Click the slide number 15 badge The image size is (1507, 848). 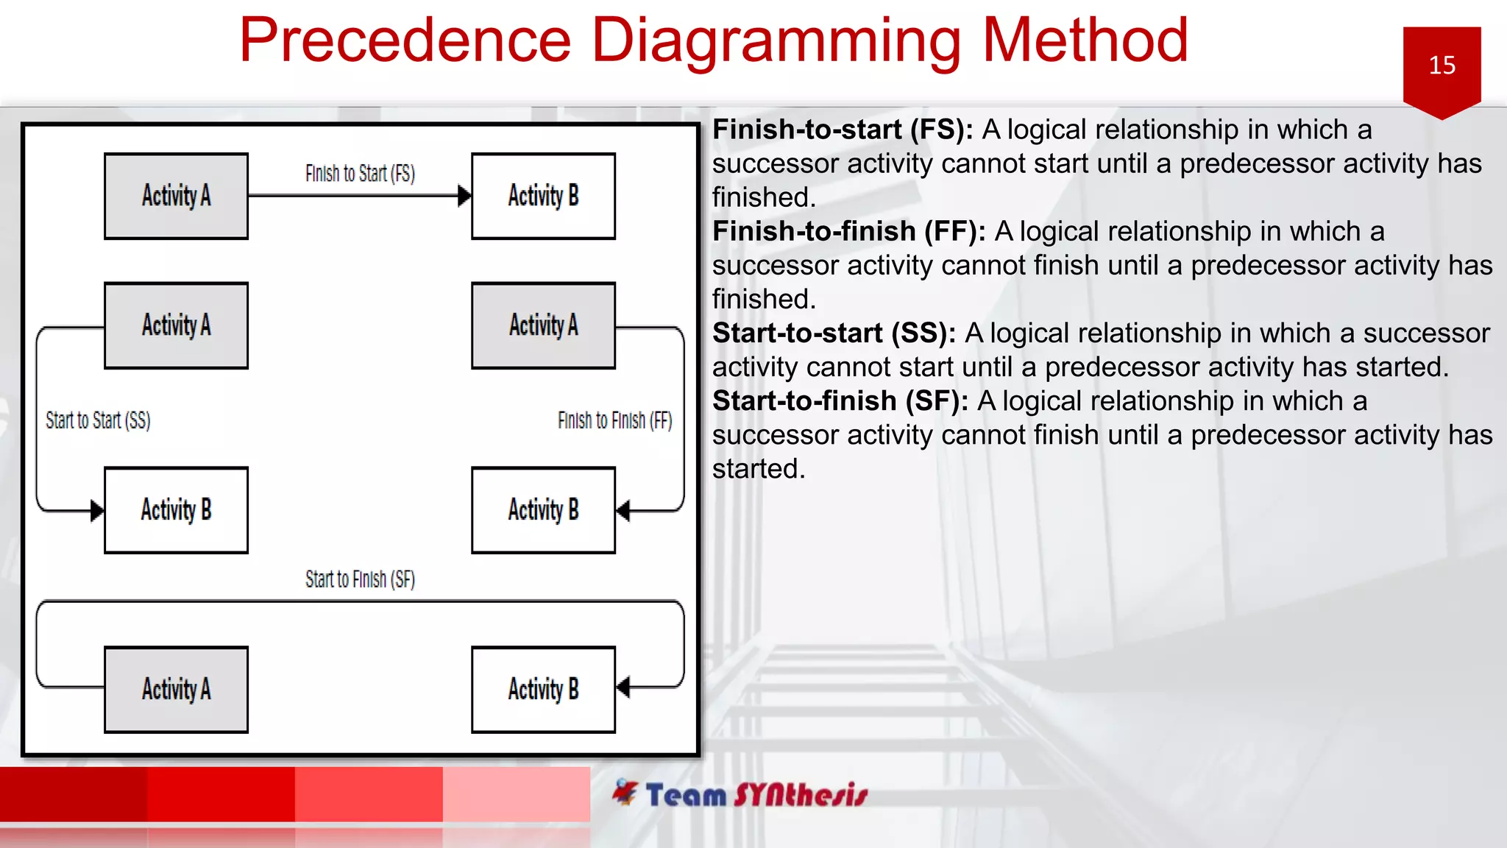[1441, 66]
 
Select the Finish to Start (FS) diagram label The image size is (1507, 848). [360, 174]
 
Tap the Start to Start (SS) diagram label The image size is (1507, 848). [98, 420]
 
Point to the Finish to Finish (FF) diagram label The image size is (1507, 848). [614, 420]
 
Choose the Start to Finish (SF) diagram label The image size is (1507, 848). [360, 579]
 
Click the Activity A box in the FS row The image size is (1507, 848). [176, 196]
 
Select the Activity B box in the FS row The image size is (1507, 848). [543, 196]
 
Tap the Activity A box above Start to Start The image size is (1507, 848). [176, 325]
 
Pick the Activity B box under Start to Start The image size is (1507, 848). [176, 509]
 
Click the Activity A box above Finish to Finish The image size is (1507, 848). [543, 325]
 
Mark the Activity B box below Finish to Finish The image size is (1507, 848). [543, 509]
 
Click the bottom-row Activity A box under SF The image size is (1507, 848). [176, 689]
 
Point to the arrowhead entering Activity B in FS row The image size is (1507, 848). [464, 196]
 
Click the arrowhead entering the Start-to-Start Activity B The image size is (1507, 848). [96, 510]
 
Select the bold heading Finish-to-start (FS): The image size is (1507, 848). [842, 130]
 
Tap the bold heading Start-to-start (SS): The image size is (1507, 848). [833, 333]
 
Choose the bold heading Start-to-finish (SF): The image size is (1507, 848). [840, 401]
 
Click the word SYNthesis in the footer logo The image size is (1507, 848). [801, 795]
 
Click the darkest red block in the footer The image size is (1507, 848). [74, 794]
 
